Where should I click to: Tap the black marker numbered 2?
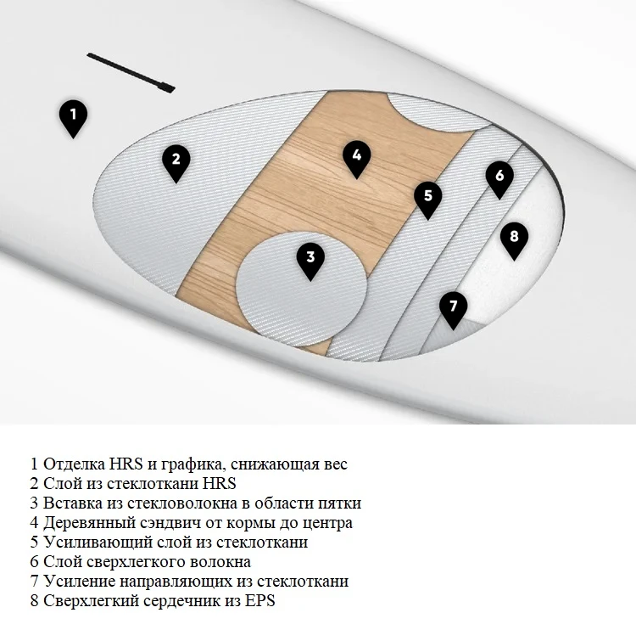[176, 162]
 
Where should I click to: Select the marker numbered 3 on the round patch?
[310, 261]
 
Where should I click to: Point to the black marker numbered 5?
[427, 200]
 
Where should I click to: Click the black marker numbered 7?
[453, 310]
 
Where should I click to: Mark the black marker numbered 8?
[514, 240]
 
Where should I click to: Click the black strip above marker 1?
[131, 73]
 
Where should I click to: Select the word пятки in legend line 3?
[340, 503]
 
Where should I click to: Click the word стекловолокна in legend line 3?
[182, 503]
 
